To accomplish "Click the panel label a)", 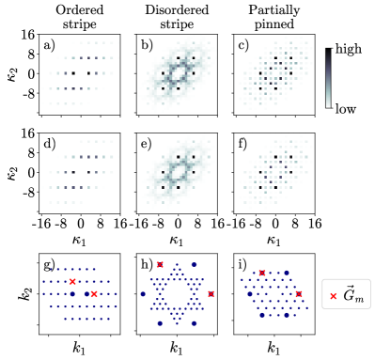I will pyautogui.click(x=47, y=44).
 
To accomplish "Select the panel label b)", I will pyautogui.click(x=147, y=44).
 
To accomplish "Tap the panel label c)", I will pyautogui.click(x=243, y=44).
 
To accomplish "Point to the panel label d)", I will pyautogui.click(x=47, y=145).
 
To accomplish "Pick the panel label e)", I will pyautogui.click(x=147, y=145).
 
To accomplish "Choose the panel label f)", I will pyautogui.click(x=242, y=145).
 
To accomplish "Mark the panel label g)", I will pyautogui.click(x=47, y=264).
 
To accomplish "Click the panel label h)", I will pyautogui.click(x=147, y=264).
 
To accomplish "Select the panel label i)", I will pyautogui.click(x=242, y=264).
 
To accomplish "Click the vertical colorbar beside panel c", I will pyautogui.click(x=328, y=79).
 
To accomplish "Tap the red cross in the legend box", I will pyautogui.click(x=334, y=297).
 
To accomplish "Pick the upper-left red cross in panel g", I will pyautogui.click(x=72, y=282).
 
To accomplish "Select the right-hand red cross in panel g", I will pyautogui.click(x=94, y=294).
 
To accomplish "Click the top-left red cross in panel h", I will pyautogui.click(x=161, y=265).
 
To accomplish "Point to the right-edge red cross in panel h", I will pyautogui.click(x=211, y=294).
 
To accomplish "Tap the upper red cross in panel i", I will pyautogui.click(x=262, y=273).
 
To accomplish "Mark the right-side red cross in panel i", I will pyautogui.click(x=299, y=294).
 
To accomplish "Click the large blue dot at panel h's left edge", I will pyautogui.click(x=143, y=294).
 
